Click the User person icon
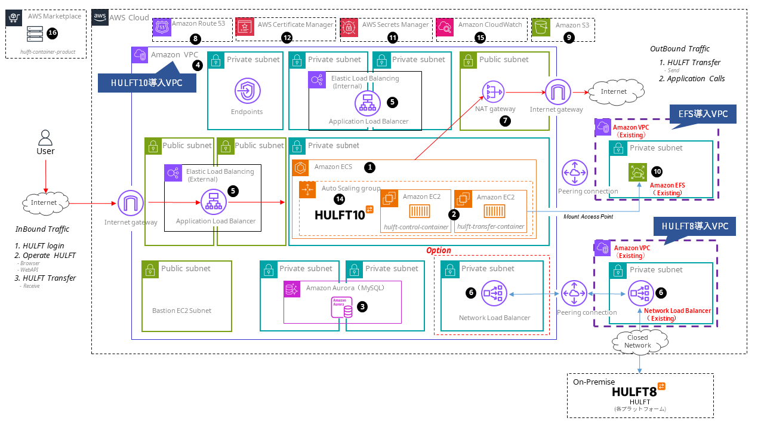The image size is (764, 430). pyautogui.click(x=45, y=138)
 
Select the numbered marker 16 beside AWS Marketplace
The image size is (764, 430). pyautogui.click(x=52, y=33)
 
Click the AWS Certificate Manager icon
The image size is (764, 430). pyautogui.click(x=245, y=26)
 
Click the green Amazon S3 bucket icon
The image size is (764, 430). pyautogui.click(x=541, y=26)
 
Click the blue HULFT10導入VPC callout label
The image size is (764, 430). pyautogui.click(x=147, y=82)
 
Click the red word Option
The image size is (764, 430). pyautogui.click(x=438, y=250)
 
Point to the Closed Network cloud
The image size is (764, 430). pyautogui.click(x=637, y=342)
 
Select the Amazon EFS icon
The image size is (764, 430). pyautogui.click(x=637, y=172)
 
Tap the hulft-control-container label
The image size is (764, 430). pyautogui.click(x=416, y=226)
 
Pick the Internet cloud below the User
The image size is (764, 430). pyautogui.click(x=44, y=203)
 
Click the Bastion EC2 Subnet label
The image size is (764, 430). pyautogui.click(x=181, y=311)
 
